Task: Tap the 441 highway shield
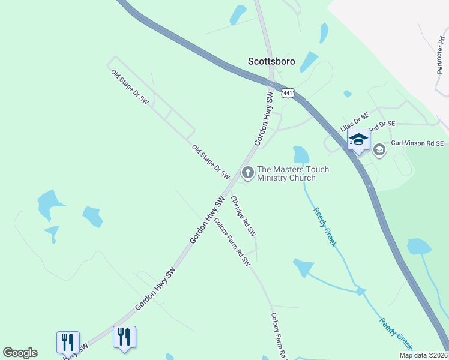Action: point(288,93)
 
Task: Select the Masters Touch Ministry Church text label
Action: point(293,173)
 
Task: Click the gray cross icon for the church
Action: point(247,173)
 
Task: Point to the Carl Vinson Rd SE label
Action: point(417,143)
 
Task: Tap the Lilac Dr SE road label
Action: point(355,122)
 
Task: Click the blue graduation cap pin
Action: point(358,140)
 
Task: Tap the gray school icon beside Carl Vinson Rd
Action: point(379,149)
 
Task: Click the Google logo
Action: point(20,353)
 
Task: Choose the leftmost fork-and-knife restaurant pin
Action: point(68,342)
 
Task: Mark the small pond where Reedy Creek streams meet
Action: point(360,291)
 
